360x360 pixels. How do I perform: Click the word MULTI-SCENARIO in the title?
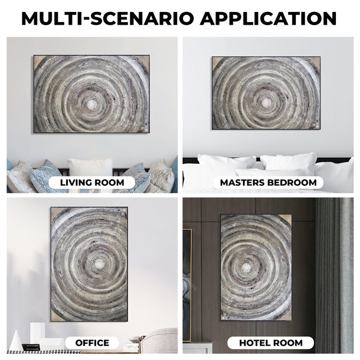coord(107,19)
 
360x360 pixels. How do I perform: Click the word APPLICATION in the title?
coord(268,19)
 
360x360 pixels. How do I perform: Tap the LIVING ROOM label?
coord(92,182)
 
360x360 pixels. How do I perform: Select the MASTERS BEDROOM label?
coord(268,182)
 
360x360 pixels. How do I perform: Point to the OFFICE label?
coord(92,343)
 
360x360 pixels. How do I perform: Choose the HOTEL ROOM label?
coord(271,343)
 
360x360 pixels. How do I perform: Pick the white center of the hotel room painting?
coord(247,267)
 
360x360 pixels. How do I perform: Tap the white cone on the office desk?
coord(16,341)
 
